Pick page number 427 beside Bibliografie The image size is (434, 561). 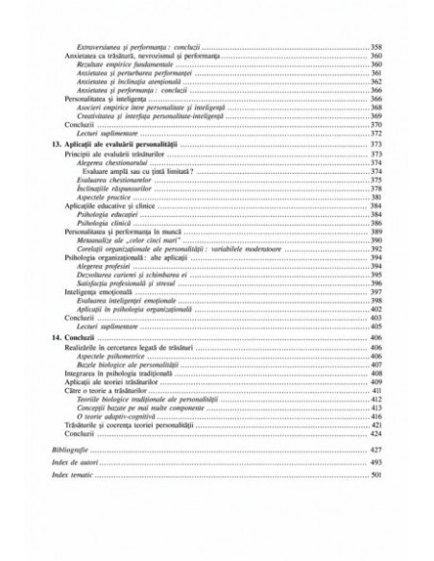[376, 450]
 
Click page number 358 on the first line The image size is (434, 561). [376, 48]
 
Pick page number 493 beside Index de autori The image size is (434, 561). [376, 462]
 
